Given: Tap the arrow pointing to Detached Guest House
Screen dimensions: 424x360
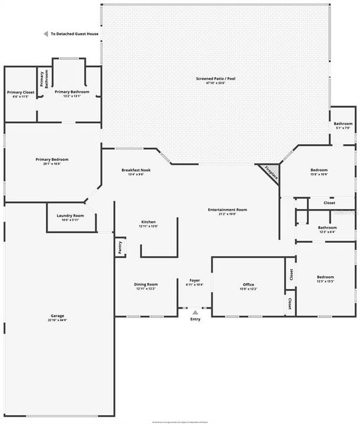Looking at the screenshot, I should click(x=46, y=34).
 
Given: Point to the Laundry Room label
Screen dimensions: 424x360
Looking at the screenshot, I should click(x=70, y=216).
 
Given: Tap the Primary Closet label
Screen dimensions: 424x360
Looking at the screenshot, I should click(x=21, y=92).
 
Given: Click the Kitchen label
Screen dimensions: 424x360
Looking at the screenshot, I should click(x=148, y=222).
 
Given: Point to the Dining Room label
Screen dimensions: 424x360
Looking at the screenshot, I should click(x=146, y=284).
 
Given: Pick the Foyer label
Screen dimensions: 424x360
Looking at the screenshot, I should click(x=195, y=280).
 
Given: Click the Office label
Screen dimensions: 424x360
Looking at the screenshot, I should click(x=248, y=284).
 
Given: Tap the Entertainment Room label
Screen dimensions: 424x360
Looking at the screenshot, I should click(x=227, y=210).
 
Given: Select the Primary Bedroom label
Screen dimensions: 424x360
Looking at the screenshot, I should click(x=52, y=160).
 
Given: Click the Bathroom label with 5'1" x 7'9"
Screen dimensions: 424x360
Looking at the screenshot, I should click(x=343, y=123).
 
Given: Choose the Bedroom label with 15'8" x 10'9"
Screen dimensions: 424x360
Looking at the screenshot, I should click(x=319, y=170).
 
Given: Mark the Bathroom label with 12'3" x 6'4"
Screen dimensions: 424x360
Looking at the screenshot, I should click(x=327, y=227).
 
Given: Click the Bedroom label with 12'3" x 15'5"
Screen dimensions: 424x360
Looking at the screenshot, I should click(x=325, y=277).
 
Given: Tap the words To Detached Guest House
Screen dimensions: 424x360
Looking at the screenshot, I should click(x=74, y=34).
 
